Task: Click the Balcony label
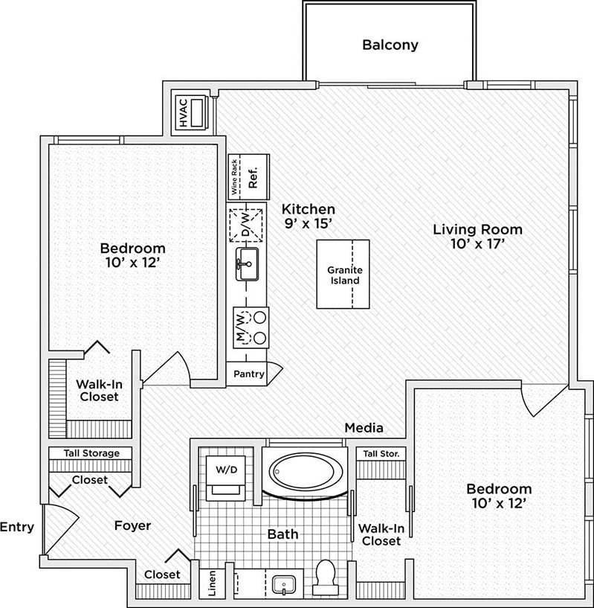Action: coord(390,45)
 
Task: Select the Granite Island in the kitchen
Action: coord(343,275)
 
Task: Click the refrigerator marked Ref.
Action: coord(254,178)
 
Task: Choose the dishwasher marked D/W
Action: coord(247,224)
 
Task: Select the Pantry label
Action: coord(248,374)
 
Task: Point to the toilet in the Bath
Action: coord(325,576)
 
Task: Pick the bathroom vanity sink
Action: coord(283,583)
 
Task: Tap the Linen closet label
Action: coord(211,585)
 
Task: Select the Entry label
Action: coord(16,528)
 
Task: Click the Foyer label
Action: coord(132,525)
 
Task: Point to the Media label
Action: coord(364,428)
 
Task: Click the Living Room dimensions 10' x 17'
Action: coord(477,244)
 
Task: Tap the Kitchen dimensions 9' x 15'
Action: coord(308,223)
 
